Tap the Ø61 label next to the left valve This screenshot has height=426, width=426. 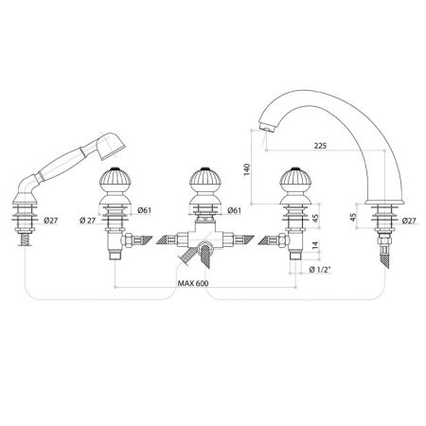[145, 209]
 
